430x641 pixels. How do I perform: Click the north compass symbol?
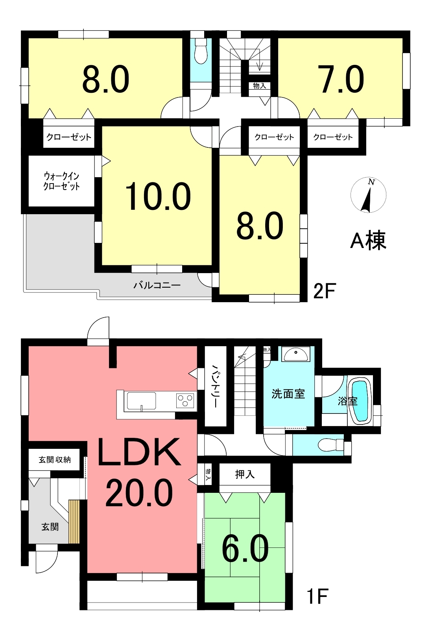tap(368, 195)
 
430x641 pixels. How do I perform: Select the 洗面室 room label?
tap(288, 394)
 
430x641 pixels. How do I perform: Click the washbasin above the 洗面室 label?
tap(295, 354)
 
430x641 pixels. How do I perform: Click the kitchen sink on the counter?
tap(142, 401)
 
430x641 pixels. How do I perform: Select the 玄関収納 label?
tap(54, 460)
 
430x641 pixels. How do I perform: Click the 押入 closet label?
tap(245, 474)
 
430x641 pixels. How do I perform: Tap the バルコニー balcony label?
tap(157, 285)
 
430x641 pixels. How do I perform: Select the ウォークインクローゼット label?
tap(62, 181)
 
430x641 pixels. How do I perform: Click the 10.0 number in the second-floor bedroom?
tap(158, 196)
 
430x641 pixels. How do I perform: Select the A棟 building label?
tap(368, 241)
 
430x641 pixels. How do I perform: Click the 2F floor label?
tap(324, 291)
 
